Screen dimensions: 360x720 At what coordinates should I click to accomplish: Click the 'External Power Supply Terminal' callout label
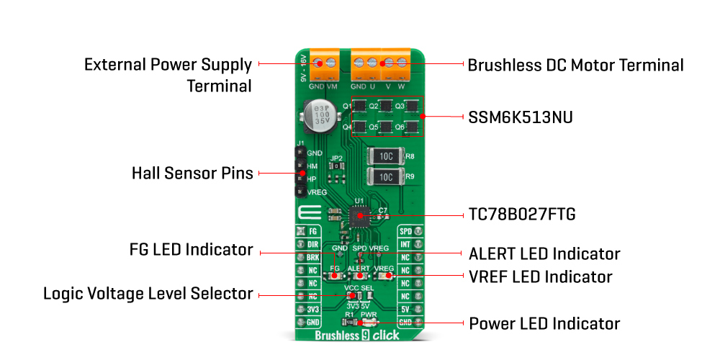point(168,75)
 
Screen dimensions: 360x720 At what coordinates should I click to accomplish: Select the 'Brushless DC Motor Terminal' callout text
point(575,65)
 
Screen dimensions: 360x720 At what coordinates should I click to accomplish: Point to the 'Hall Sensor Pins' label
point(192,174)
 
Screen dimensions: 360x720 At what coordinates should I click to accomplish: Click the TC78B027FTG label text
point(521,215)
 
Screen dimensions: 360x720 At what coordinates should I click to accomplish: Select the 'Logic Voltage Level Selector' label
point(148,294)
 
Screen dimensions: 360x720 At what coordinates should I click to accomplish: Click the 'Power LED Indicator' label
point(544,323)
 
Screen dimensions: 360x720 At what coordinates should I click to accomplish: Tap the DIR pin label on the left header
point(312,245)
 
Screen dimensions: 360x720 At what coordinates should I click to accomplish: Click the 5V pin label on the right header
point(405,308)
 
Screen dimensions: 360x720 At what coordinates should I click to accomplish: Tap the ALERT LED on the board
point(359,276)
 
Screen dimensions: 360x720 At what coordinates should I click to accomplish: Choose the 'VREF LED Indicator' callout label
point(540,276)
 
